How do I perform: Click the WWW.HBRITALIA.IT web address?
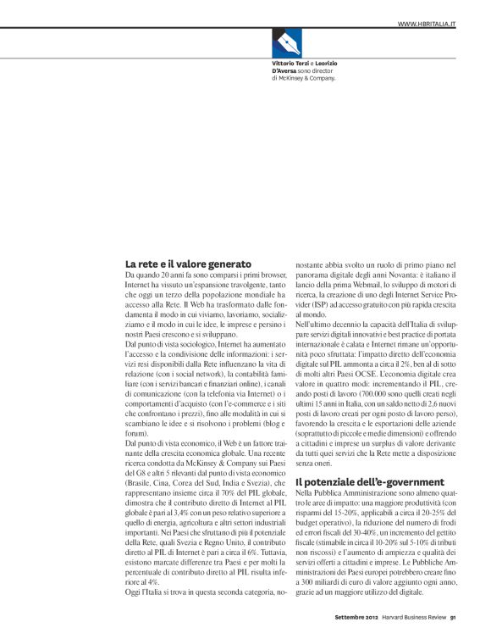click(x=427, y=23)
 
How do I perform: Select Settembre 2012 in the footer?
click(x=345, y=615)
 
